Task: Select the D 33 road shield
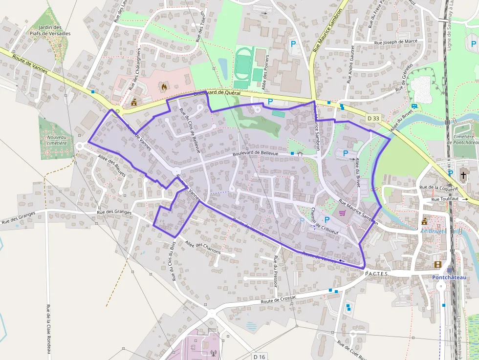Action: point(373,118)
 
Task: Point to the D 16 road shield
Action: point(260,357)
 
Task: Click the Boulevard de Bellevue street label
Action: point(256,154)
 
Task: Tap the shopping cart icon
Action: point(342,213)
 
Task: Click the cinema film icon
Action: point(437,265)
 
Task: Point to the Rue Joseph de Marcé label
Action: point(395,42)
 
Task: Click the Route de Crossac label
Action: point(279,299)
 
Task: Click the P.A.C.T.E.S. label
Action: point(376,274)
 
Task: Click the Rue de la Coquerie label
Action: point(438,188)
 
